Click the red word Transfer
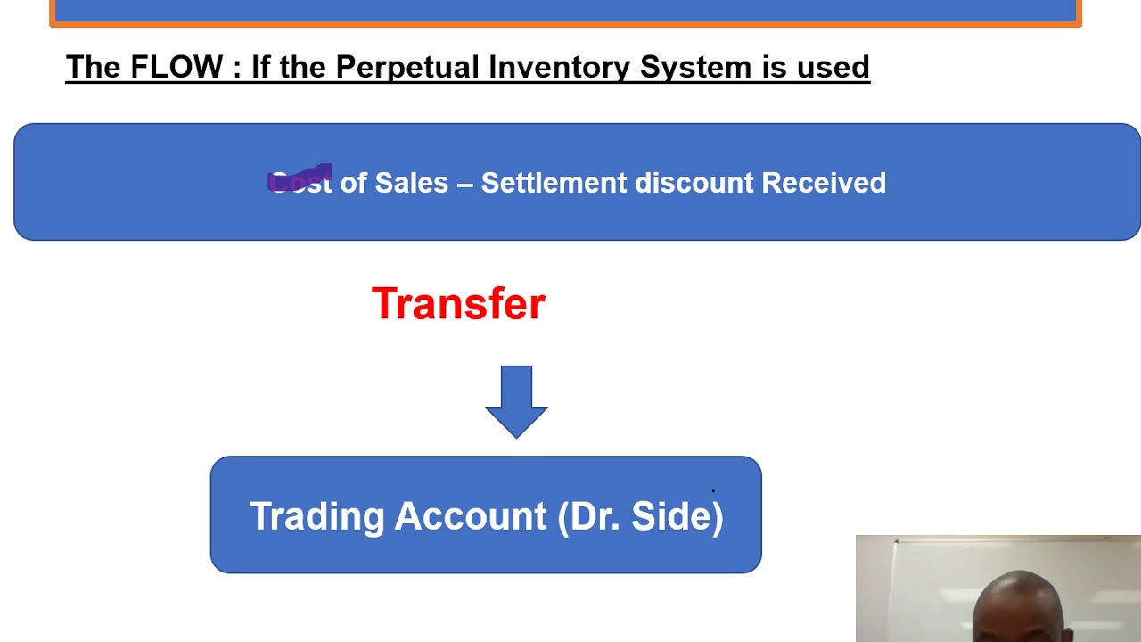[x=458, y=304]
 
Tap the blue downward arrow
[x=516, y=401]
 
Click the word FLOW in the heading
[x=176, y=68]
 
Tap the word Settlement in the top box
[x=554, y=183]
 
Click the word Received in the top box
[x=824, y=183]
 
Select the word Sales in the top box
[x=411, y=183]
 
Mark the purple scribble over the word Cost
[x=300, y=178]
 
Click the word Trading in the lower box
[x=316, y=517]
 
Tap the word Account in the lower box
[x=471, y=517]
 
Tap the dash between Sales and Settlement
[x=464, y=183]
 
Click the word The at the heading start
[x=94, y=68]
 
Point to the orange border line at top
[x=565, y=23]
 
